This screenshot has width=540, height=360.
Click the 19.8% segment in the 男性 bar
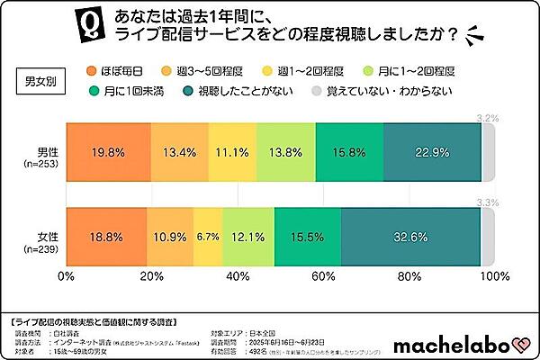tap(107, 152)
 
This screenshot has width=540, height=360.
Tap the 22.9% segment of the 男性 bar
tap(432, 152)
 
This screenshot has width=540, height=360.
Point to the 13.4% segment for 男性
tap(179, 152)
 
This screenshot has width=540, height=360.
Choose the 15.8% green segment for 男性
tap(349, 152)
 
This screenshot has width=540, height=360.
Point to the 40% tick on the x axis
tap(236, 276)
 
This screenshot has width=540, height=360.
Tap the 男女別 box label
tap(40, 79)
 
